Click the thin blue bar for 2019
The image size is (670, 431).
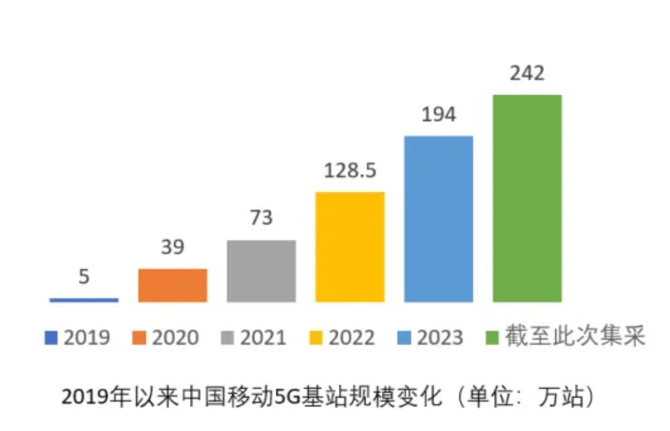84,300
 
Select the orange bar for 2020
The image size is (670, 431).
172,285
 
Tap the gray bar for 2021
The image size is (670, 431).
261,271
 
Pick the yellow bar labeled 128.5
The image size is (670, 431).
350,247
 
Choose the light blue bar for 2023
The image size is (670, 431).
438,219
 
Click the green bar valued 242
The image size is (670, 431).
527,198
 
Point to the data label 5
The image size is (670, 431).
84,277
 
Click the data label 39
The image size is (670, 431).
172,247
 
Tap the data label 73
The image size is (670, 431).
261,218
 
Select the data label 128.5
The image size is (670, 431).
350,171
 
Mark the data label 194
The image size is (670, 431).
438,115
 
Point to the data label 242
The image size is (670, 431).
527,74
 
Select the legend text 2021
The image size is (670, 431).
263,338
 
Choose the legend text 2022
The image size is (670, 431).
352,338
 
